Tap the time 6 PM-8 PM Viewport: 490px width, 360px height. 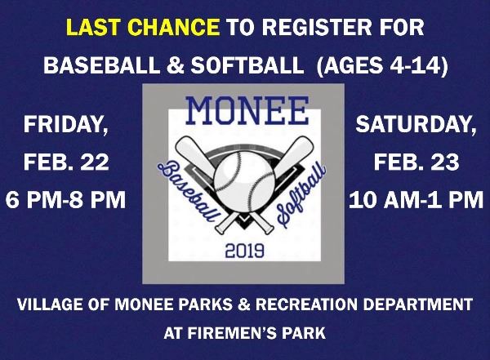point(66,199)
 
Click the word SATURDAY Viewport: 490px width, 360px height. point(416,126)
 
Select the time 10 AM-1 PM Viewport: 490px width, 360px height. point(416,199)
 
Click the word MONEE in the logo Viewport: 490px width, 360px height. point(247,109)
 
